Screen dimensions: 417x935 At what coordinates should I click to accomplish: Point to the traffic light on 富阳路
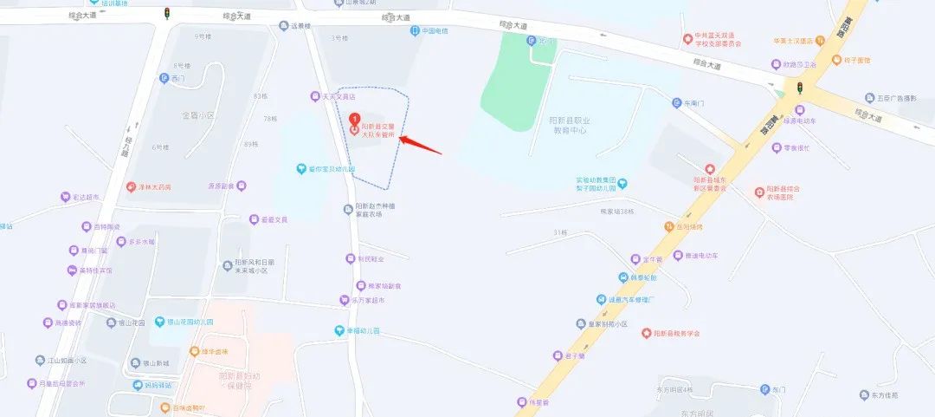click(x=800, y=88)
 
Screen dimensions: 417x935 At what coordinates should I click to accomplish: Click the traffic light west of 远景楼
click(x=166, y=12)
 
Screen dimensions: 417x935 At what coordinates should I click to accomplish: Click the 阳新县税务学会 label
click(x=676, y=333)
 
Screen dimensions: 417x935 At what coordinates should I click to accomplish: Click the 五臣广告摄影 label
click(x=895, y=98)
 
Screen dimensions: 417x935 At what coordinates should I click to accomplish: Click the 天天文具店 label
click(x=332, y=97)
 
